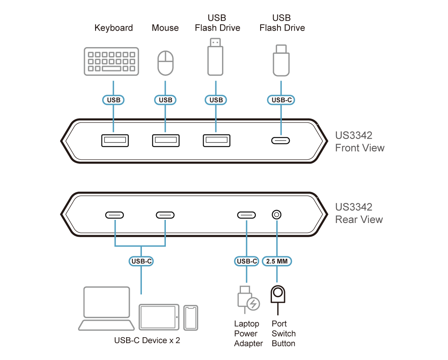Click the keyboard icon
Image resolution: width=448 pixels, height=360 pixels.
coord(112,61)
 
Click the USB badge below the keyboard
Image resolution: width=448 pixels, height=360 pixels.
coord(113,100)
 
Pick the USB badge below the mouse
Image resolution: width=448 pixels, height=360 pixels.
coord(165,100)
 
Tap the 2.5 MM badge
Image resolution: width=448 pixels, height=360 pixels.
coord(277,261)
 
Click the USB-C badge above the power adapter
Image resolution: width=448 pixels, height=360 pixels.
coord(246,261)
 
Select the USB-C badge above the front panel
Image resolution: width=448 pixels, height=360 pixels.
coord(281,100)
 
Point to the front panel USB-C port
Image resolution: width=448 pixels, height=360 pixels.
coord(281,141)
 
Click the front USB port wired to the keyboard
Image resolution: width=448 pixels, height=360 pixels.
coord(115,140)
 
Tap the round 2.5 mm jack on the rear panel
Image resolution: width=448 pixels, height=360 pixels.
coord(277,215)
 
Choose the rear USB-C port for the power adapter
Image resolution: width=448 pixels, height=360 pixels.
coord(246,215)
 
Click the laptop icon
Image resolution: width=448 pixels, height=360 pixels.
coord(106,309)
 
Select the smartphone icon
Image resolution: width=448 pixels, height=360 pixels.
coord(191,317)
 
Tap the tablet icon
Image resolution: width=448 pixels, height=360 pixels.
coord(159,316)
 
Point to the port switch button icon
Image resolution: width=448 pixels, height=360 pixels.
coord(277,294)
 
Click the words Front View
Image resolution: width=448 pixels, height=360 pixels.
coord(359,148)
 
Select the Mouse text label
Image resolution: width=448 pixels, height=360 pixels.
coord(165,28)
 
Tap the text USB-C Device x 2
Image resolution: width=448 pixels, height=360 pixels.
coord(147,340)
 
